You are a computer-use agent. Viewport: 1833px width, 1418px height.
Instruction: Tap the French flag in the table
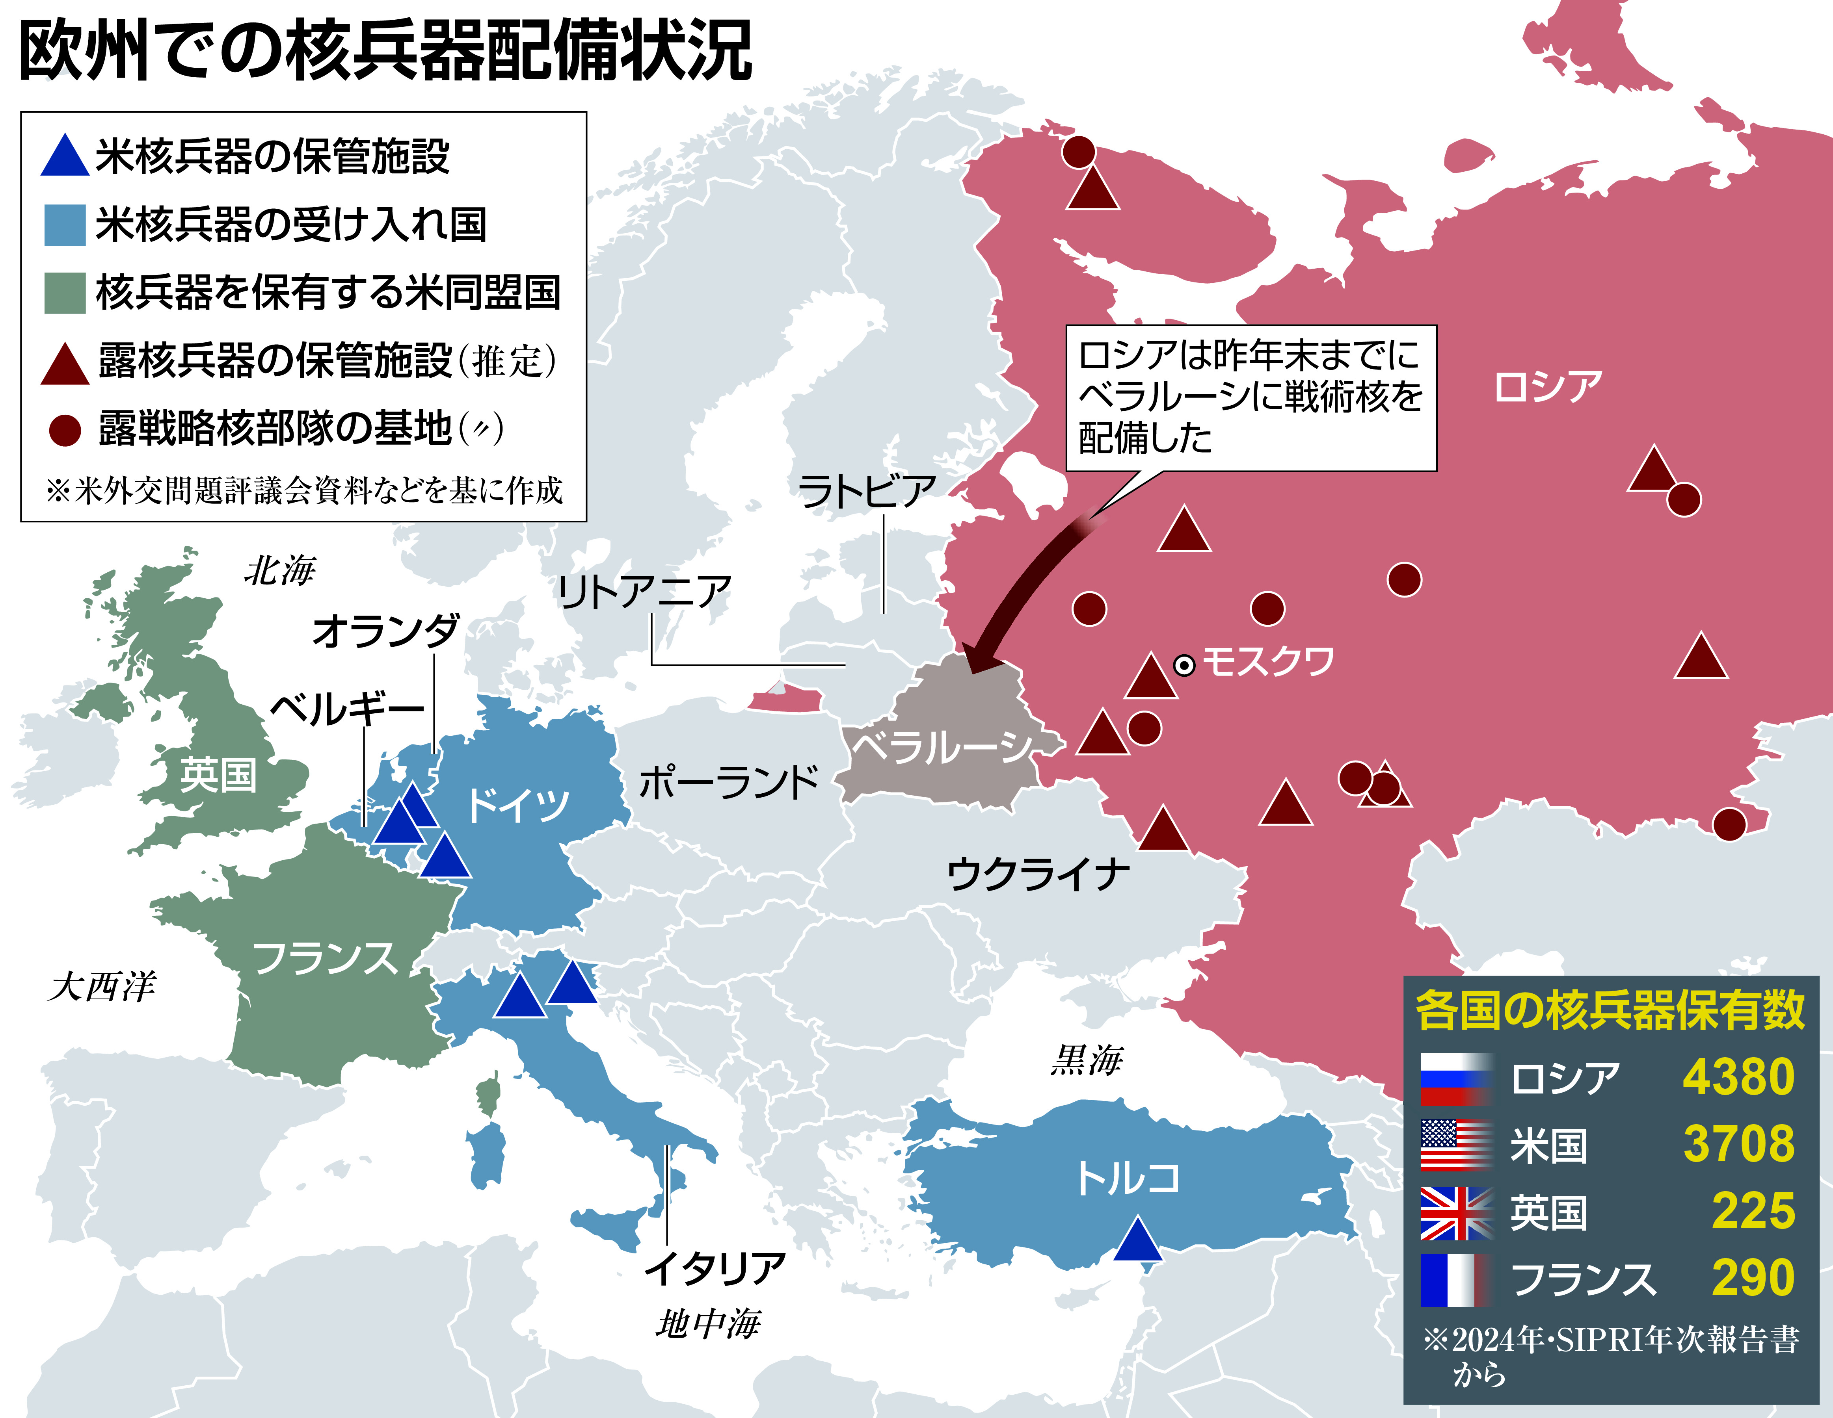1456,1280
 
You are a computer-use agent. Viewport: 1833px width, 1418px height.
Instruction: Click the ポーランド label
728,782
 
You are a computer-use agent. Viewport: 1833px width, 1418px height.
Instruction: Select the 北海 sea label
279,572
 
